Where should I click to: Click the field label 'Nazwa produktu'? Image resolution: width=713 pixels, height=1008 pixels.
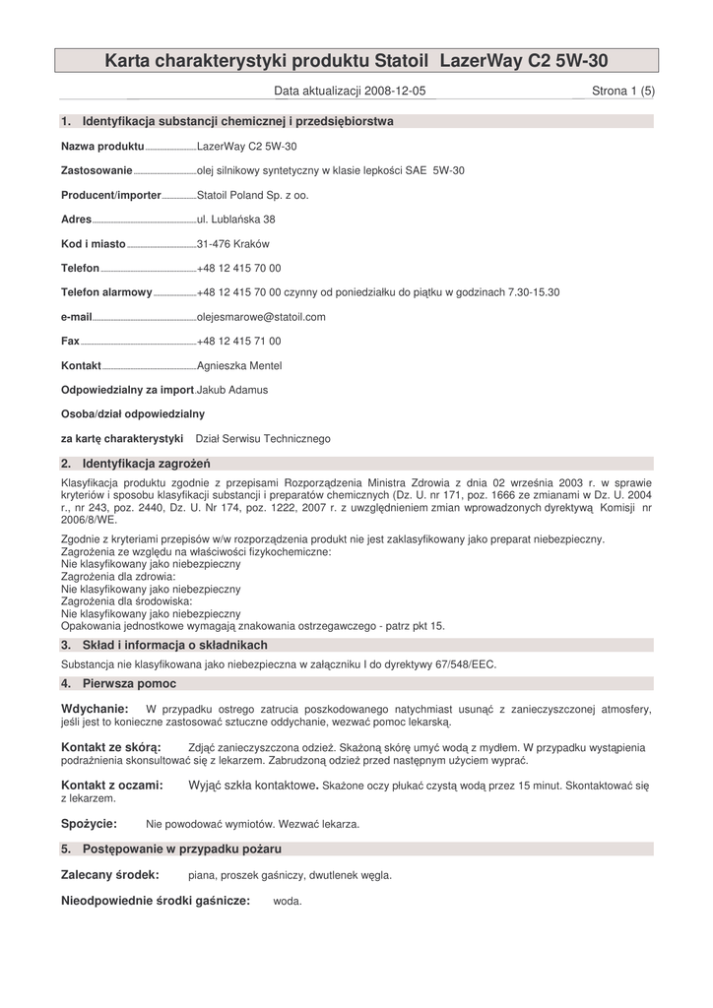(x=102, y=146)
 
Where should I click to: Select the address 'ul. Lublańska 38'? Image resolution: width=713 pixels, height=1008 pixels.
(x=236, y=220)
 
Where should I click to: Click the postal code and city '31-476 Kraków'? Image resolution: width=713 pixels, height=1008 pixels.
(x=233, y=243)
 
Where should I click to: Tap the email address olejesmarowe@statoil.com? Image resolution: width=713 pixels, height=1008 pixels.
(x=261, y=317)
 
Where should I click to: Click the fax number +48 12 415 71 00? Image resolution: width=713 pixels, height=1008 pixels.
(x=238, y=341)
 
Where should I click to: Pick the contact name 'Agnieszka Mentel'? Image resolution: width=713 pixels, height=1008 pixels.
(x=239, y=365)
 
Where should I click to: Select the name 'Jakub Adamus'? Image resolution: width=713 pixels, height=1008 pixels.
(x=232, y=390)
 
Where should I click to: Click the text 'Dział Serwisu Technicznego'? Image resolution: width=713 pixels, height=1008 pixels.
(x=263, y=438)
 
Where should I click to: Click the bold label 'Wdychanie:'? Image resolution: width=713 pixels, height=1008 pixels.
(x=95, y=709)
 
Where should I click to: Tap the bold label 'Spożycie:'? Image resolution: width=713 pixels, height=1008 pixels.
(x=89, y=823)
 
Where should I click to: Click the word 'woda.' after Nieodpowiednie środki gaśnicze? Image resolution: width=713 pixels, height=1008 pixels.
(x=288, y=901)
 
